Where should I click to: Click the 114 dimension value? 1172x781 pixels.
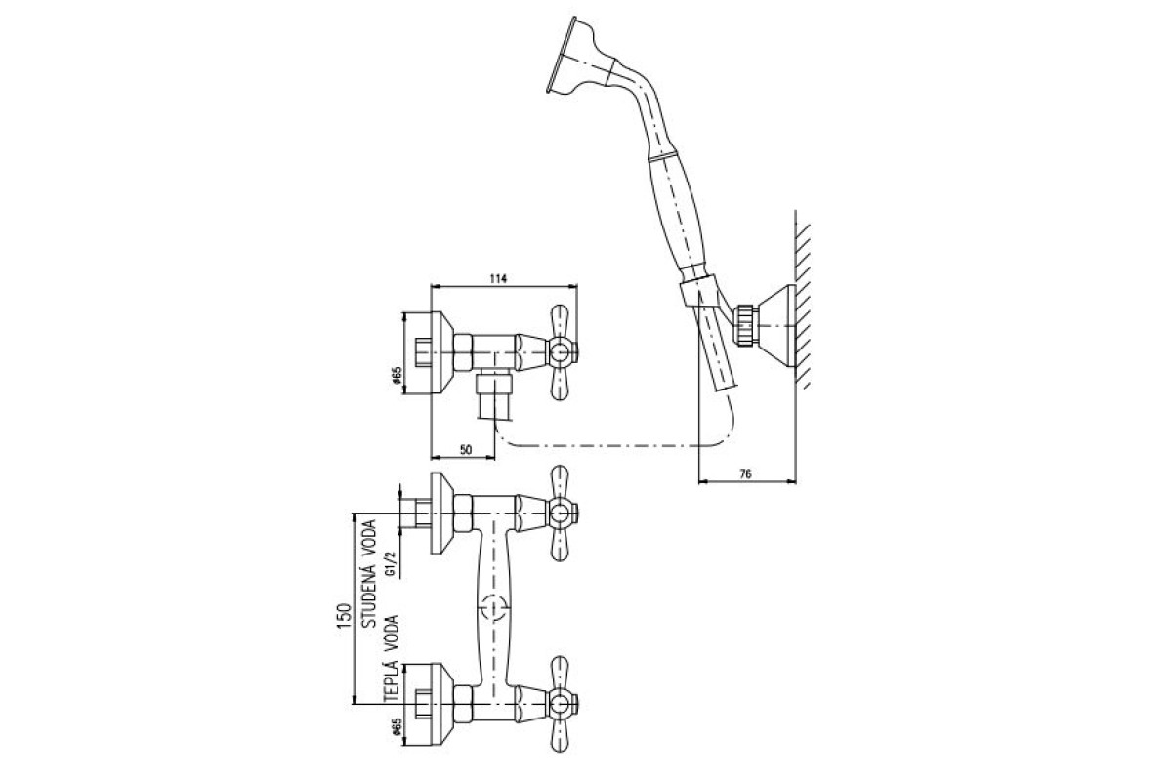[x=499, y=279]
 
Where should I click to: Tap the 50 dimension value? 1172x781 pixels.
[x=466, y=450]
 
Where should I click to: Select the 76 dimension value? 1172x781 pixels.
[x=745, y=473]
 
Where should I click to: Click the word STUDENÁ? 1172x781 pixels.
[x=369, y=574]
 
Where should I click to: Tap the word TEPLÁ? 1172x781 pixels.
[x=392, y=682]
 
